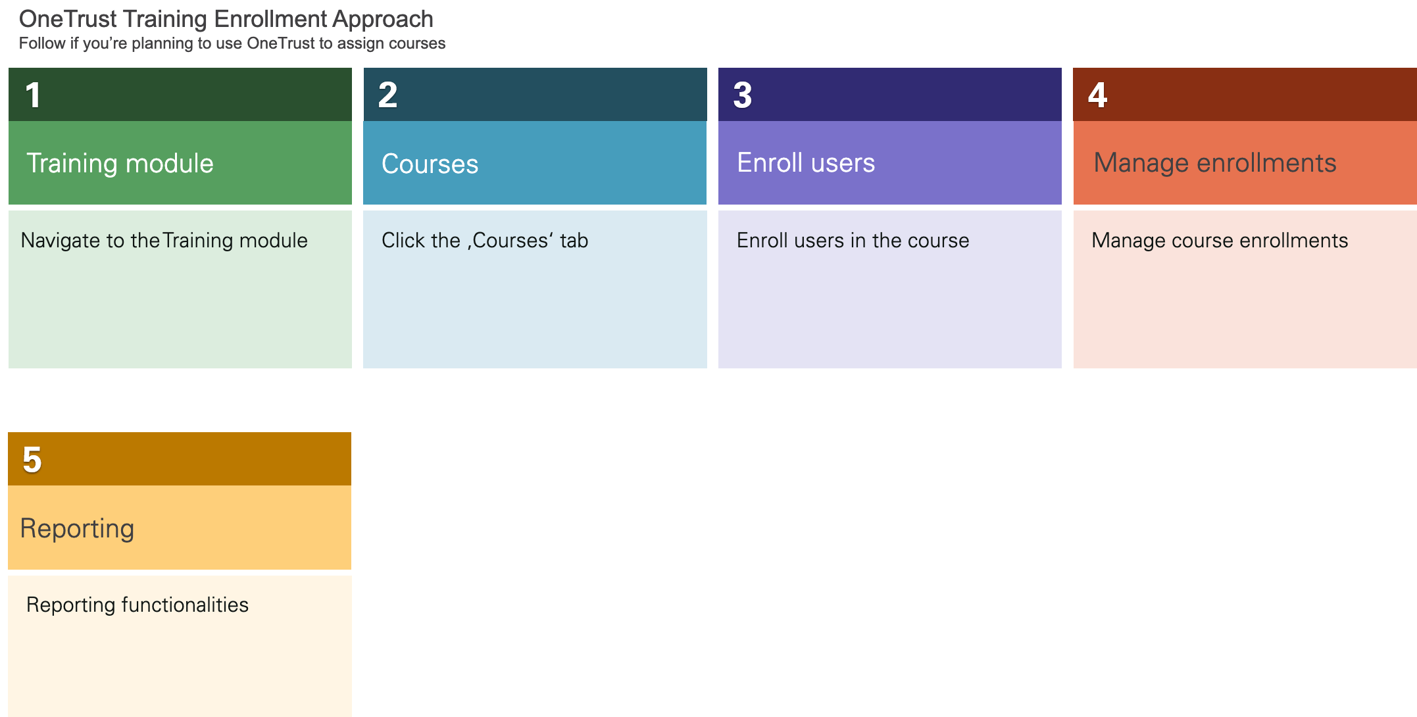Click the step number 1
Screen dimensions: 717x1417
point(33,95)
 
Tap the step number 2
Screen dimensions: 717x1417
point(387,95)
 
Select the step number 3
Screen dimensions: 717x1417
point(742,95)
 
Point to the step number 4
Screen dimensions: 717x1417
point(1097,95)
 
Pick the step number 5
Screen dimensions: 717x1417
point(32,460)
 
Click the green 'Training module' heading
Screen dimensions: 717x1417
point(120,163)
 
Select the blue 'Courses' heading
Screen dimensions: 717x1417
point(430,164)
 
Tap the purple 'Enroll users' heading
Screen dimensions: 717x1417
point(805,163)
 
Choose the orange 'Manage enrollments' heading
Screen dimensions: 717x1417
point(1214,163)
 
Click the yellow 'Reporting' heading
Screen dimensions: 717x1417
point(77,528)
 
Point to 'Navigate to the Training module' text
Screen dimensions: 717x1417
point(164,241)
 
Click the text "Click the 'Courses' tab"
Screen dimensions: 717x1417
point(484,241)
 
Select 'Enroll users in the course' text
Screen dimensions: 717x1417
point(853,241)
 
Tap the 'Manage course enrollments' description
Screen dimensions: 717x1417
point(1219,241)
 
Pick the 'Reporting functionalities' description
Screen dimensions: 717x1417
point(137,605)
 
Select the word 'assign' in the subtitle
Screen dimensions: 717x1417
point(360,44)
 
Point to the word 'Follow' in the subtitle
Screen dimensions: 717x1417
point(42,43)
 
